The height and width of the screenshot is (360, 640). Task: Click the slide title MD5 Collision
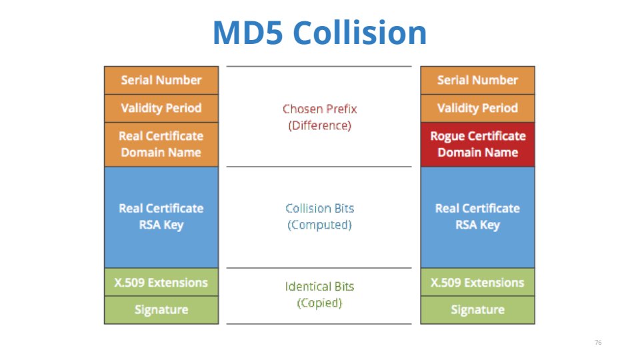[x=319, y=33]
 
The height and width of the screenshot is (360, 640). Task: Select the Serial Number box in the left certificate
[x=161, y=80]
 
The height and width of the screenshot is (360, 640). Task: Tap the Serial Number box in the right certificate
[x=477, y=80]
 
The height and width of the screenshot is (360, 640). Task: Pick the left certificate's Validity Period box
[x=161, y=108]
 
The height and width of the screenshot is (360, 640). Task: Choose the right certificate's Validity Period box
[x=477, y=108]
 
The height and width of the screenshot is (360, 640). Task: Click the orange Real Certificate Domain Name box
[x=161, y=144]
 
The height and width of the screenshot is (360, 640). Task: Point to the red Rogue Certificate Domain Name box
[x=477, y=144]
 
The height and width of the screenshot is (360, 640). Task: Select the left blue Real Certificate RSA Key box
[x=161, y=217]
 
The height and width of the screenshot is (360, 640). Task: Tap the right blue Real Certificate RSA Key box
[x=477, y=217]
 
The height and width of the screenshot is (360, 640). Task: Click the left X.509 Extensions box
[x=161, y=282]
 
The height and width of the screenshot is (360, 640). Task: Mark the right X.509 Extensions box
[x=477, y=282]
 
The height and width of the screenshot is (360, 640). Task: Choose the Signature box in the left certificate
[x=161, y=310]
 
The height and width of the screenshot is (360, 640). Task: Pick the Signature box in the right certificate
[x=477, y=310]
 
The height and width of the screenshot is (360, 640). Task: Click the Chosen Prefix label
[x=319, y=109]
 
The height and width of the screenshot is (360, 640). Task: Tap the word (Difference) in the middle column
[x=319, y=125]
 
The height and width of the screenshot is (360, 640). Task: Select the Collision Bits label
[x=319, y=208]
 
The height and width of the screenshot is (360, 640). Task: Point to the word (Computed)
[x=319, y=225]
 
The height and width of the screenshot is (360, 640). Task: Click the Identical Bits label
[x=319, y=287]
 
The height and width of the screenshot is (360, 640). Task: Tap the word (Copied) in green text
[x=319, y=303]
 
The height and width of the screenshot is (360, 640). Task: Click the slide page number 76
[x=597, y=342]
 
